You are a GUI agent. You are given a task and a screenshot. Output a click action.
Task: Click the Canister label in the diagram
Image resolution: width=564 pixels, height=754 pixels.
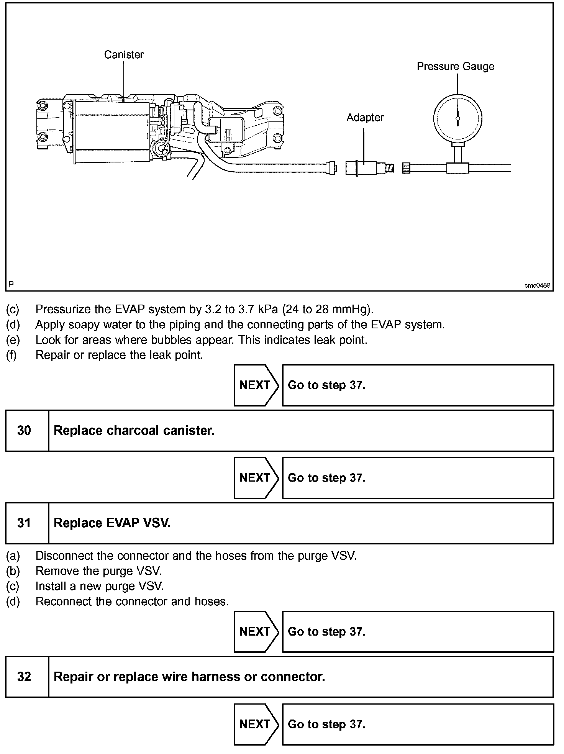tap(124, 55)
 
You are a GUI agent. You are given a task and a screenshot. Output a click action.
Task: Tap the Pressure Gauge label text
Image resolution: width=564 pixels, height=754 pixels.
tap(455, 67)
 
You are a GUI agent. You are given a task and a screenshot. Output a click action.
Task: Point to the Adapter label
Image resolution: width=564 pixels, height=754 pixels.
tap(365, 118)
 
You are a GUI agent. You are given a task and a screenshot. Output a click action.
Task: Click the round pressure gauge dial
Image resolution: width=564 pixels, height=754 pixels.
tap(457, 118)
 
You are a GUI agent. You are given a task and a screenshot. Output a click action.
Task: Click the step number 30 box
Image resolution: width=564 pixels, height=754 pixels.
tap(24, 431)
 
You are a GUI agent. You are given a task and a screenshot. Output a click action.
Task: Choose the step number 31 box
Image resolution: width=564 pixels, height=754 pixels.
tap(24, 523)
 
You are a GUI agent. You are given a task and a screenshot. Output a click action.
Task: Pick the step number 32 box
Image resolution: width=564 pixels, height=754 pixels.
tap(24, 677)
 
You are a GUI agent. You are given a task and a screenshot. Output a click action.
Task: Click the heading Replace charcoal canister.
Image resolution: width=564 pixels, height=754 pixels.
tap(134, 431)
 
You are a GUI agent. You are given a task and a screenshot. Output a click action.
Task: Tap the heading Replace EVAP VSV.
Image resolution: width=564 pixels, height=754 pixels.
tap(112, 523)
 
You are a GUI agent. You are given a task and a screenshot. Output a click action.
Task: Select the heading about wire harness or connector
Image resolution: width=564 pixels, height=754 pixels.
tap(189, 677)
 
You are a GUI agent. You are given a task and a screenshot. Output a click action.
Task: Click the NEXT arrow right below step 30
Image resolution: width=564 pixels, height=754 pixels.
tap(256, 478)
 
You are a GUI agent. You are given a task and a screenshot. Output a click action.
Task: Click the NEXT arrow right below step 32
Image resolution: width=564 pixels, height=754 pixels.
tap(256, 724)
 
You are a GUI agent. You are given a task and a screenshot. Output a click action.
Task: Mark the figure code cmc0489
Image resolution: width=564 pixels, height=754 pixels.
tap(537, 285)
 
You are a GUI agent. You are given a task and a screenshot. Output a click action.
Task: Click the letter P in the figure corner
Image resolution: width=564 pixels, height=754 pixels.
tap(11, 284)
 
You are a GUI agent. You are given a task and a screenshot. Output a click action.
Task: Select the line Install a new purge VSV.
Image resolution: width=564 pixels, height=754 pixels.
tap(100, 586)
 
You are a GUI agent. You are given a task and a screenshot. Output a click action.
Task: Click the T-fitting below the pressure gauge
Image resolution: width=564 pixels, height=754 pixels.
tap(457, 167)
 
